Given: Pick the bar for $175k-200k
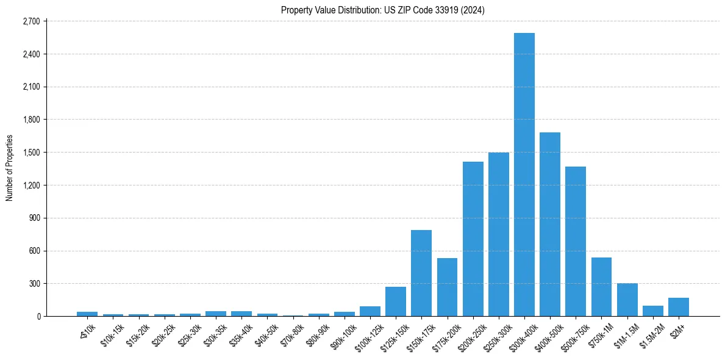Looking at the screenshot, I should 447,287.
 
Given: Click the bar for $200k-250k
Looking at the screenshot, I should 473,239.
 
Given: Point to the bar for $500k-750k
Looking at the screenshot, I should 576,241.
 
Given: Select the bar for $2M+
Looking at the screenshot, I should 678,307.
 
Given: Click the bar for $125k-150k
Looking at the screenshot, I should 395,301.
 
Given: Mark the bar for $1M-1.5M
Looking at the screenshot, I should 627,300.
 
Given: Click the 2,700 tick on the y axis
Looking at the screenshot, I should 30,21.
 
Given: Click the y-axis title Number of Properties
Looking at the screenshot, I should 9,168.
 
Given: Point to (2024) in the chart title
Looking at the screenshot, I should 473,10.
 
